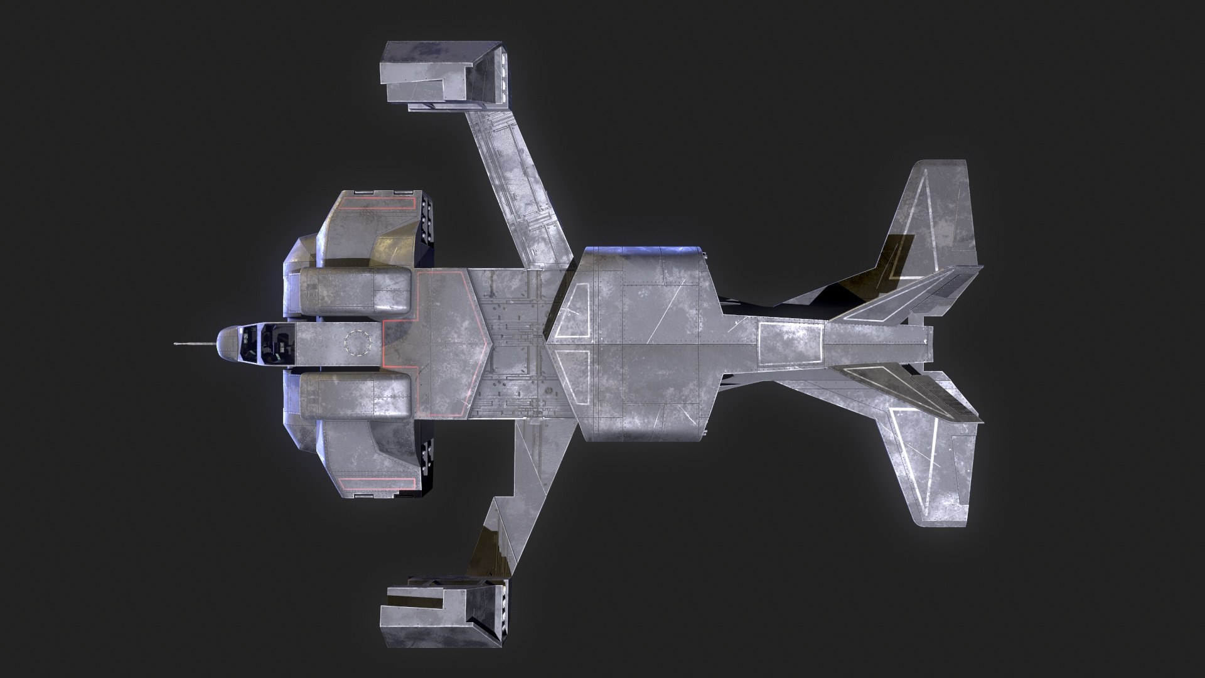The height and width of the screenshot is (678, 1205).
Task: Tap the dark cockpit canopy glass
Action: [x=264, y=343]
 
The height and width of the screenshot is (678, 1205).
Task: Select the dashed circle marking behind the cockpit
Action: [x=358, y=343]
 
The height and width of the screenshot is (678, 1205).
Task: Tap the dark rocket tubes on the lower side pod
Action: [x=430, y=461]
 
